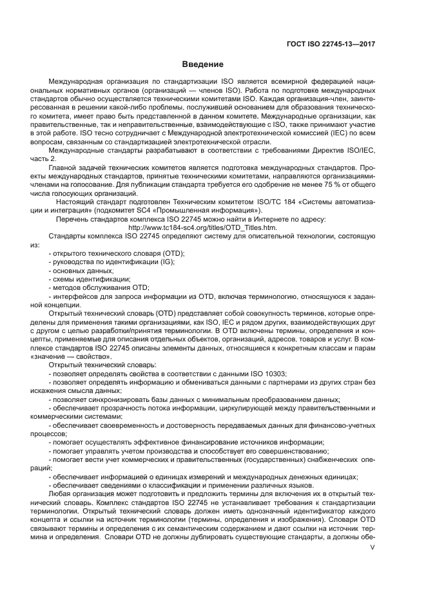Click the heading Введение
(x=202, y=64)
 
